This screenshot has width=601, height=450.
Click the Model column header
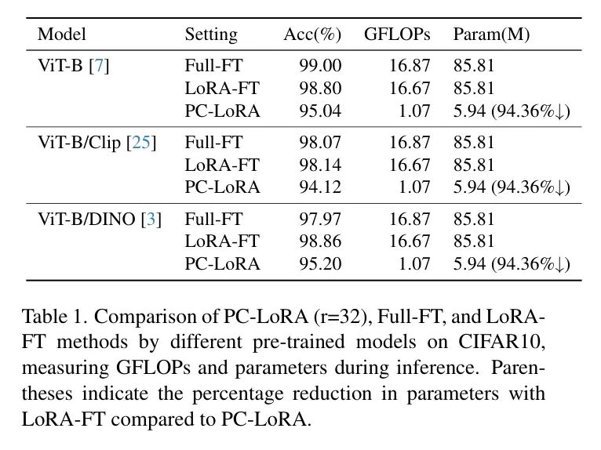pyautogui.click(x=61, y=34)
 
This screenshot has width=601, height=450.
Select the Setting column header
pyautogui.click(x=210, y=34)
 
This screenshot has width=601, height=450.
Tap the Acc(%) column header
pyautogui.click(x=312, y=34)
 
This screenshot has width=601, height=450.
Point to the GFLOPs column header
pyautogui.click(x=397, y=34)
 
